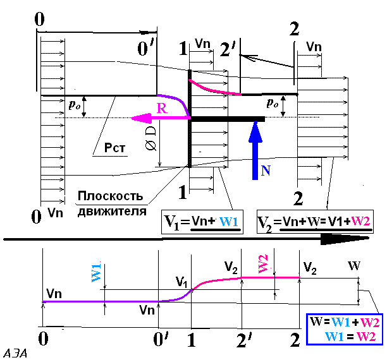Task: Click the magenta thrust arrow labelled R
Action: (161, 119)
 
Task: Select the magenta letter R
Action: (162, 108)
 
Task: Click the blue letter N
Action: (266, 171)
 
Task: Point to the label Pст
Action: (114, 148)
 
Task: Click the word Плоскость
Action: (110, 196)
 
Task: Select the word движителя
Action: (112, 212)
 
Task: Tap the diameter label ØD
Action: (150, 138)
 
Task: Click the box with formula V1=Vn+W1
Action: (202, 222)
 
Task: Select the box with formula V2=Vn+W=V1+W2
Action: (315, 222)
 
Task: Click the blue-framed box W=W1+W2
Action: (345, 329)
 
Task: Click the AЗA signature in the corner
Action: (15, 354)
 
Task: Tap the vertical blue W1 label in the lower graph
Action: (97, 273)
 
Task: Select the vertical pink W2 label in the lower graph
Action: (263, 264)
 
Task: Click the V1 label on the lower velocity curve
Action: (181, 282)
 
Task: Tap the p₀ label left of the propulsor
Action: (75, 105)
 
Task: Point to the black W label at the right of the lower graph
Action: (354, 266)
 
